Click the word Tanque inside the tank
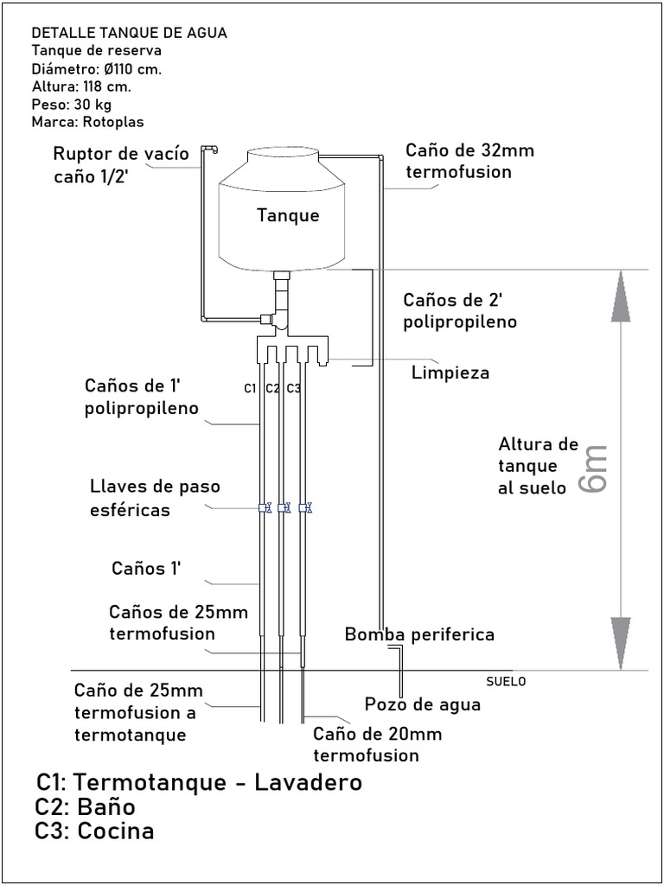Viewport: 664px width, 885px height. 288,215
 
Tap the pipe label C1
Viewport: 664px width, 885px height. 251,388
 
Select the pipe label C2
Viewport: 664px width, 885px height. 272,388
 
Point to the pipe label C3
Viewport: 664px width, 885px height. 294,388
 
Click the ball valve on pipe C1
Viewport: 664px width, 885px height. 265,508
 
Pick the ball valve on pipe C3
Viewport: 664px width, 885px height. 305,508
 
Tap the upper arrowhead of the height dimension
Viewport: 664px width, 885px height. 621,296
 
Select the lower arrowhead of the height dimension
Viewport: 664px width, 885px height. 621,643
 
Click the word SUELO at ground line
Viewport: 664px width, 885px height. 506,681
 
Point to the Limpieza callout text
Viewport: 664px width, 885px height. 450,372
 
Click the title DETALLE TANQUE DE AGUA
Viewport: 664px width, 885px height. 130,33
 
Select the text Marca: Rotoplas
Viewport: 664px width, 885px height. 89,122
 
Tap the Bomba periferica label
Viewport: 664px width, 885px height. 419,634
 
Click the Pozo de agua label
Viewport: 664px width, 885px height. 422,705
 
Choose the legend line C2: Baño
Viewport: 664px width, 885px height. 86,807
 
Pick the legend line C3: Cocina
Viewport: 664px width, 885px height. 94,831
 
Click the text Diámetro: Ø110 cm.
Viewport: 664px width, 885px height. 97,69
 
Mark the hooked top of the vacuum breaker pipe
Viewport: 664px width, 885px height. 209,149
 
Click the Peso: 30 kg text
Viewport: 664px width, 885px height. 72,105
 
